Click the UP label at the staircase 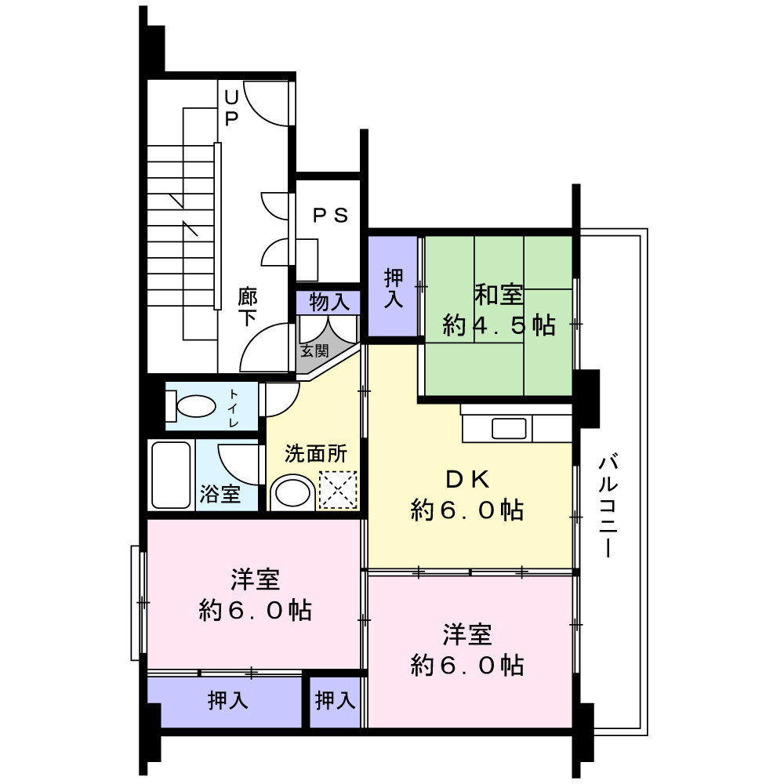[231, 108]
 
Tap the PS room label [330, 216]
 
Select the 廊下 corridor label [248, 307]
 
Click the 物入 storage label [328, 302]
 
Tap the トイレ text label [234, 408]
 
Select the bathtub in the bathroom [170, 476]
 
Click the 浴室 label [220, 494]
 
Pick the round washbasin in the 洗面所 [292, 492]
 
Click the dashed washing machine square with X [338, 490]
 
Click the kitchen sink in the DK [508, 429]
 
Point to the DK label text [467, 478]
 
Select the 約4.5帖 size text [499, 325]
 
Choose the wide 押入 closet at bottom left [227, 700]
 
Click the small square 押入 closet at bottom [336, 700]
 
